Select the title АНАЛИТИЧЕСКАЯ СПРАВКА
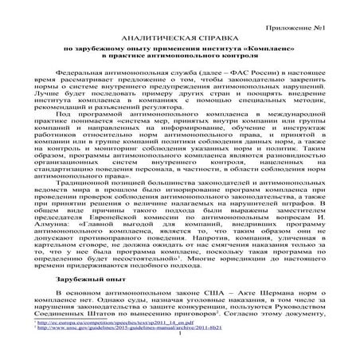[179, 37]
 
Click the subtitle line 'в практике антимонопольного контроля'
[179, 57]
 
